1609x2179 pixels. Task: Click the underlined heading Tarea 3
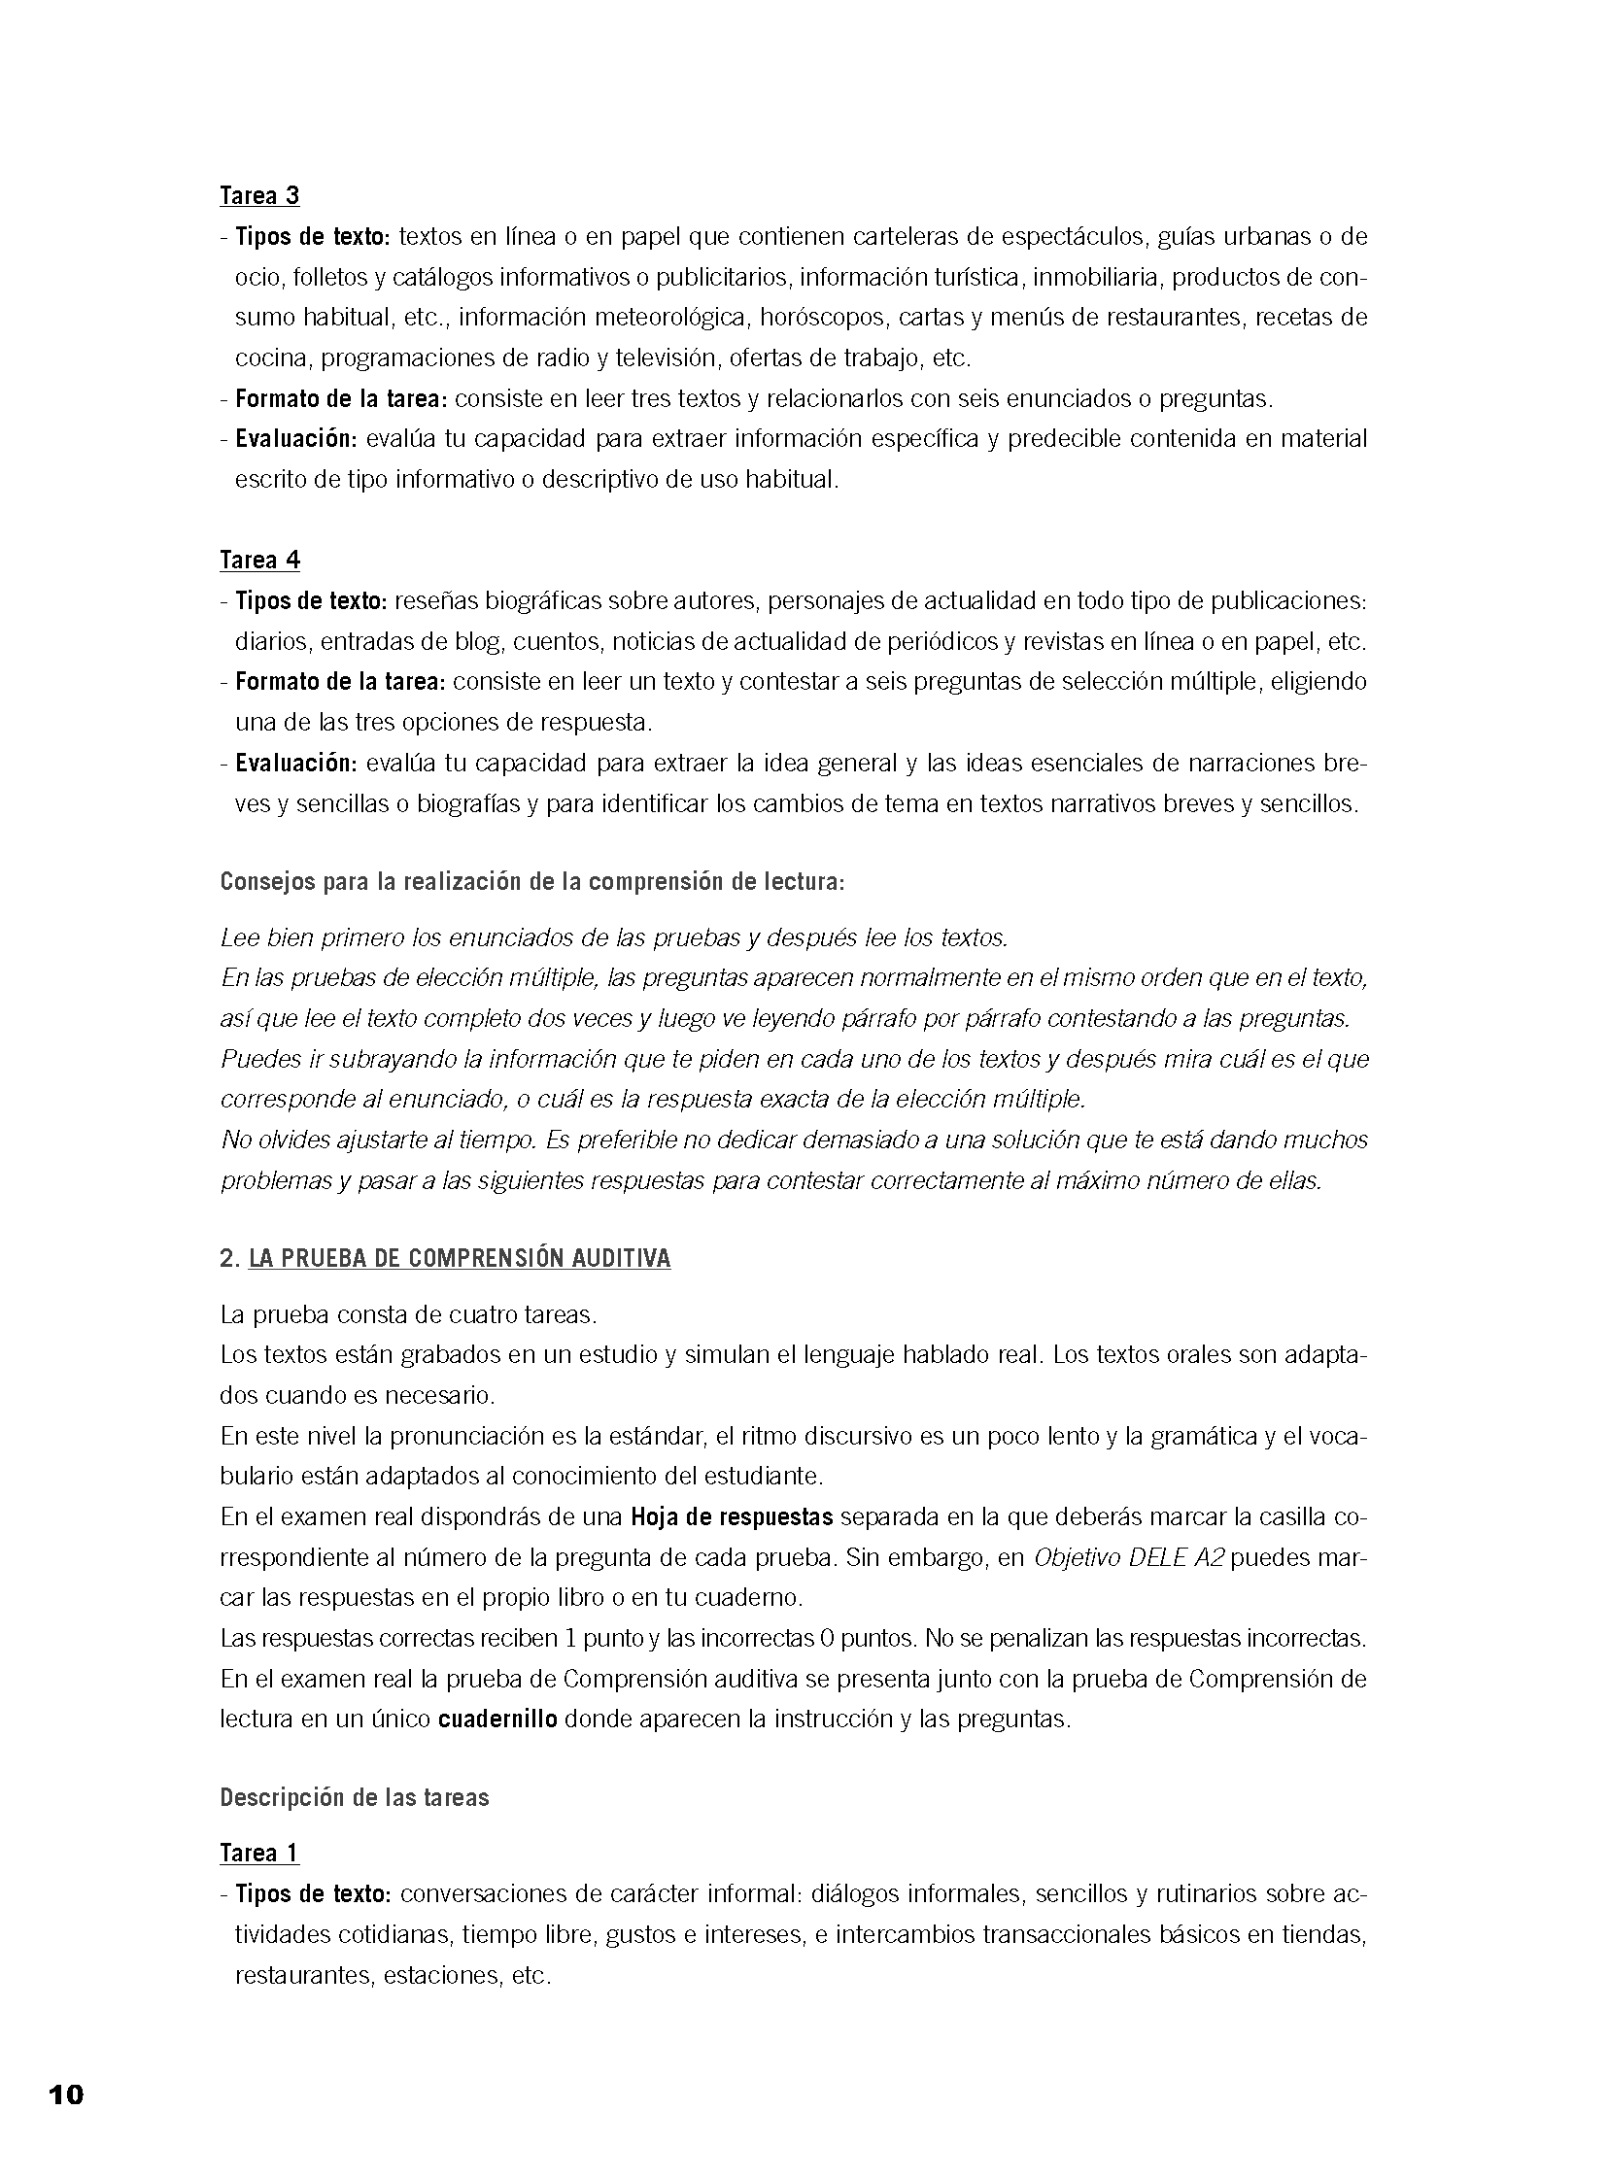click(259, 195)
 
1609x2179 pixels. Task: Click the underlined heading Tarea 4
click(259, 560)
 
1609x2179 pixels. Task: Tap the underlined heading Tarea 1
click(259, 1853)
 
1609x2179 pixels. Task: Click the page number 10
click(66, 2095)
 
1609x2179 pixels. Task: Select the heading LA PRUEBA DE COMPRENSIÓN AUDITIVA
click(460, 1259)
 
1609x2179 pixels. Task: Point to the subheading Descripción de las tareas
click(355, 1797)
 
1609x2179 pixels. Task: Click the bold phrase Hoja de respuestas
click(732, 1516)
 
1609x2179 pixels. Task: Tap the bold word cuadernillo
click(497, 1719)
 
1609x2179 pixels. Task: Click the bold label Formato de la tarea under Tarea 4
click(340, 682)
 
